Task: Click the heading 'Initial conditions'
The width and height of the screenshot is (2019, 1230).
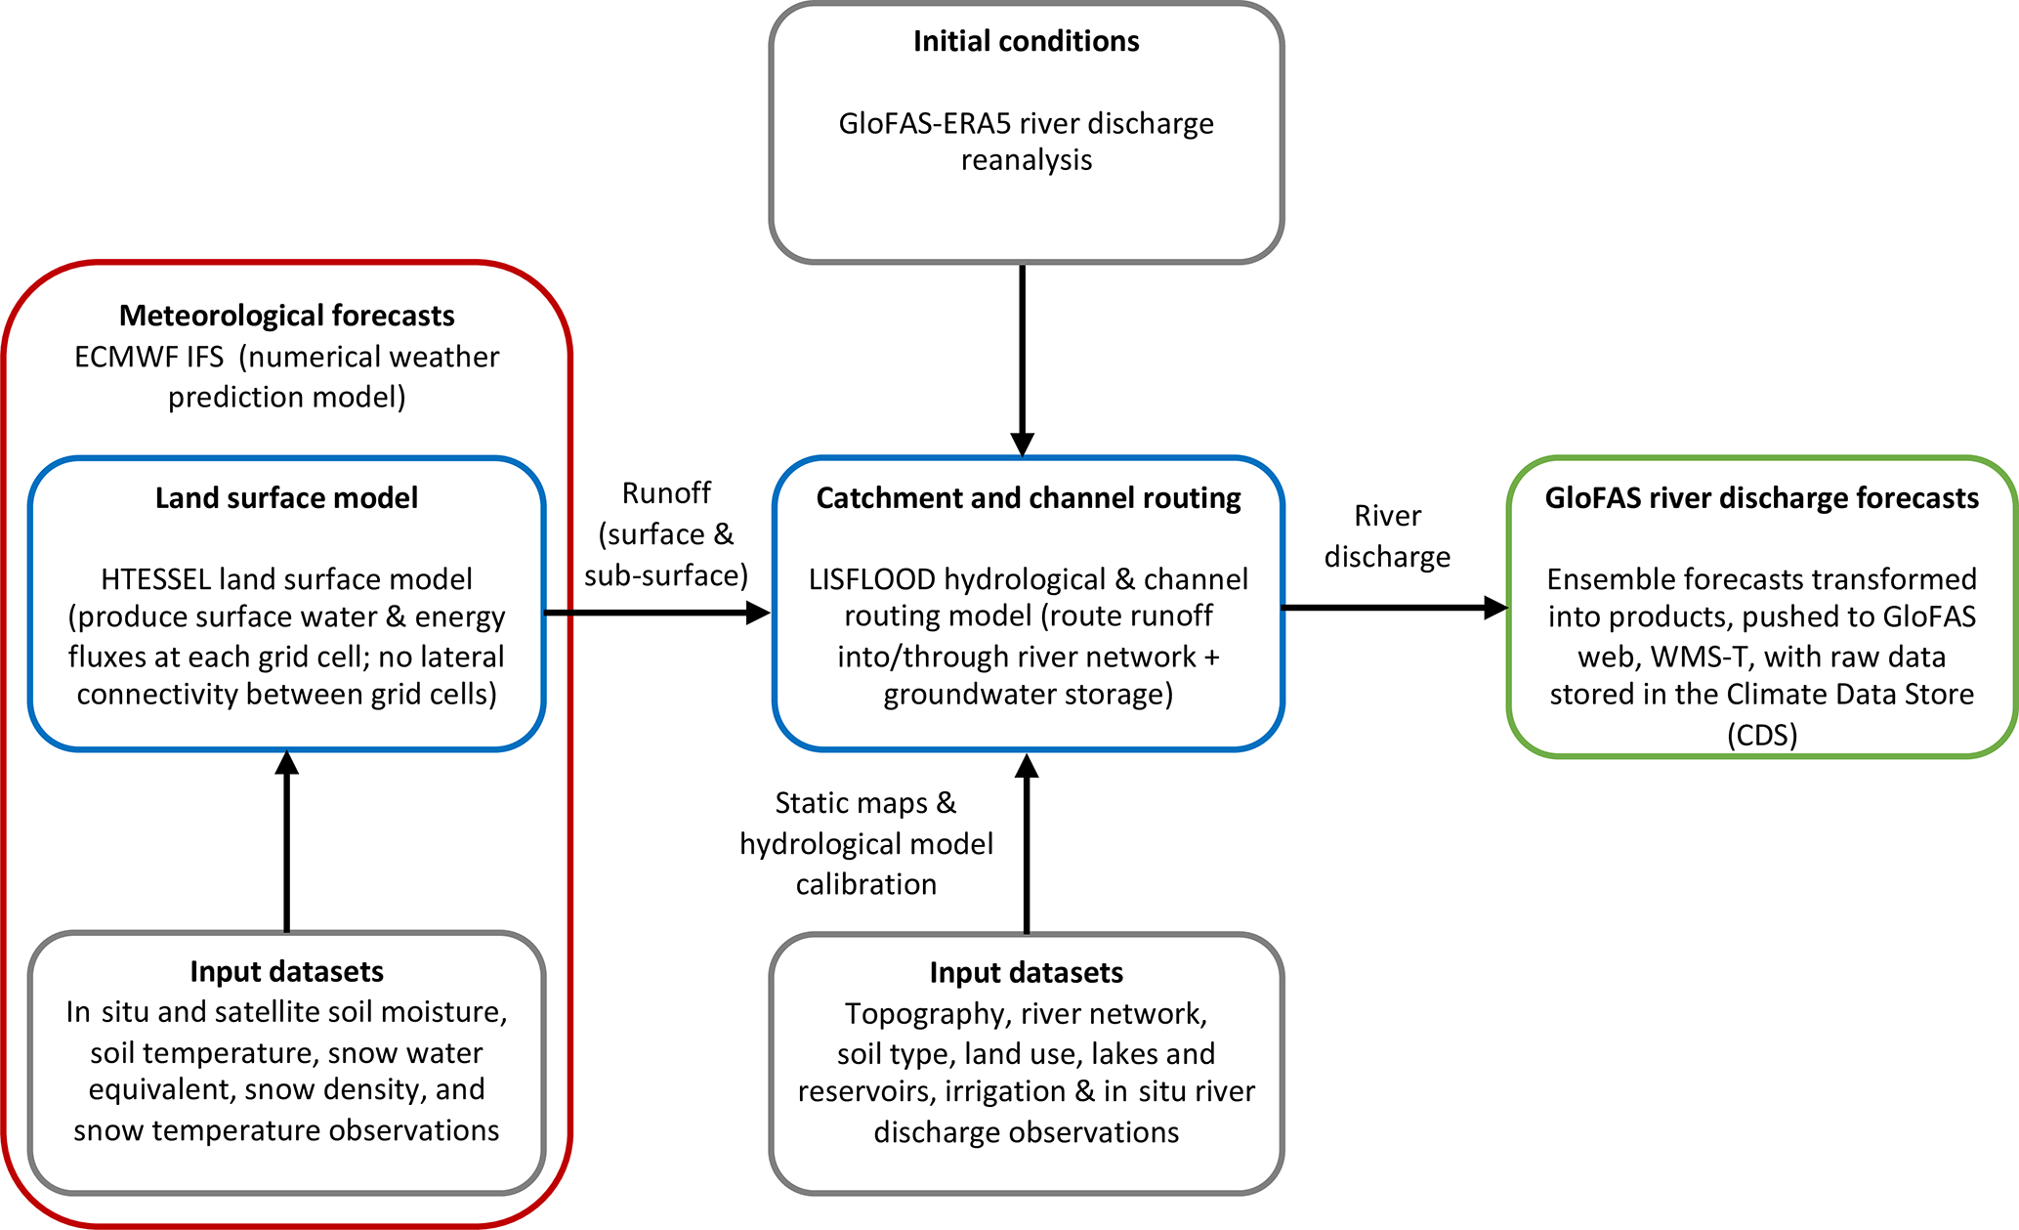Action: click(x=1026, y=41)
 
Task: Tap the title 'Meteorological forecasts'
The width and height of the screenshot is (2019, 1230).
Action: click(x=286, y=316)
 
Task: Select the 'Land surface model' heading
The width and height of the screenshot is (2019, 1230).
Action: click(x=286, y=498)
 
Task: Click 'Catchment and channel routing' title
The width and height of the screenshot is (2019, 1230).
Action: click(x=1028, y=498)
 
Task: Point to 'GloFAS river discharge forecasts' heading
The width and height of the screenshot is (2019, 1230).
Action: click(x=1761, y=498)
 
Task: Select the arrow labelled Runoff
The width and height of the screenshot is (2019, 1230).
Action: click(x=656, y=613)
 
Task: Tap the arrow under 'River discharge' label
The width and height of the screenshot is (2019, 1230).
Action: click(x=1394, y=608)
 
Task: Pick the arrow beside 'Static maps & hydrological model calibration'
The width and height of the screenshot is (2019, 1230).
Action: click(x=1027, y=844)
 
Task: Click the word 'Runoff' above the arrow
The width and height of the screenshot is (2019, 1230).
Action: click(x=666, y=493)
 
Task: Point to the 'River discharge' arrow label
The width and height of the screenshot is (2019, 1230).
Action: click(x=1387, y=536)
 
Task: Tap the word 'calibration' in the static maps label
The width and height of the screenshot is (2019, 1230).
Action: click(x=865, y=884)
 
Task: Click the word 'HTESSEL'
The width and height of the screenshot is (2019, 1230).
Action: click(x=155, y=579)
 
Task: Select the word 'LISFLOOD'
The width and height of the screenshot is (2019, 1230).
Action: click(x=871, y=579)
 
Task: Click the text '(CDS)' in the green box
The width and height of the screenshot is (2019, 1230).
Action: click(x=1761, y=735)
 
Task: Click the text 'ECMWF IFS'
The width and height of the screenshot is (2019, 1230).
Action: click(x=148, y=358)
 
